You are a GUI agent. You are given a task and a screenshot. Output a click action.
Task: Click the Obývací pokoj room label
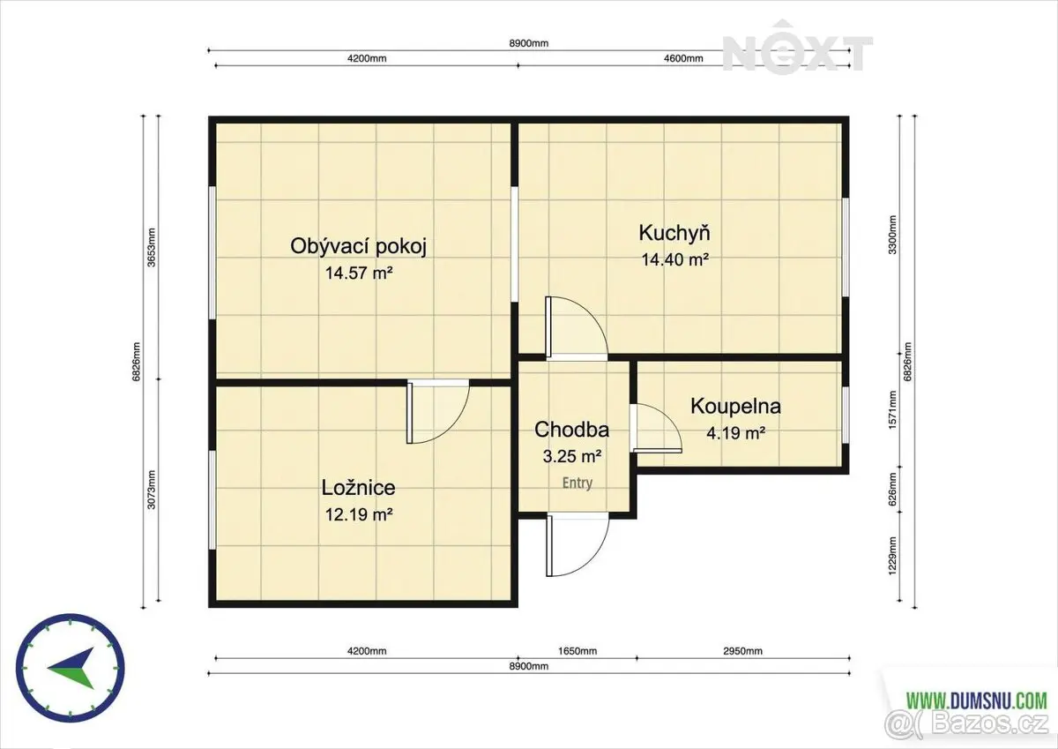(x=359, y=247)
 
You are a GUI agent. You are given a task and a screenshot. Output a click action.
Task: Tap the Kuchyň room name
(x=674, y=233)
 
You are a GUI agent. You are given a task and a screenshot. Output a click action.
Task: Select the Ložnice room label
(x=359, y=488)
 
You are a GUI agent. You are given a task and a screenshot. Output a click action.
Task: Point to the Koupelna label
(x=736, y=407)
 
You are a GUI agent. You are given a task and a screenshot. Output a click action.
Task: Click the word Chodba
(x=572, y=429)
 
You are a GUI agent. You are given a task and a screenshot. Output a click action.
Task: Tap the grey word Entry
(x=577, y=483)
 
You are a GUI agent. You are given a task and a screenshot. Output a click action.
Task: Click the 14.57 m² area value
(x=359, y=273)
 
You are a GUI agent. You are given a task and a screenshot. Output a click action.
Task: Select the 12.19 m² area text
(x=359, y=514)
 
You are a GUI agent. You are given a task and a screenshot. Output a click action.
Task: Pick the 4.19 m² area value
(x=736, y=433)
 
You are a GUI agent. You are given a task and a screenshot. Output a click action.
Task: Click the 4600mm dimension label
(x=683, y=58)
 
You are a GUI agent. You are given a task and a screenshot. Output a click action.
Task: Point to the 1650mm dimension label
(x=577, y=651)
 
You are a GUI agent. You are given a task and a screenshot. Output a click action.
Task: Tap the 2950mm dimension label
(x=742, y=651)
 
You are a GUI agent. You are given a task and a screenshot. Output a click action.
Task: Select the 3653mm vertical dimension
(x=152, y=248)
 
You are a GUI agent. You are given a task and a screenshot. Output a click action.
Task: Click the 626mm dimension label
(x=892, y=490)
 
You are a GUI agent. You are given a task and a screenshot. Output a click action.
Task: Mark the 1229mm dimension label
(x=892, y=556)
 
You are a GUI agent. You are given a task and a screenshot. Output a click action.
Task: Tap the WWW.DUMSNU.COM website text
(x=977, y=700)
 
